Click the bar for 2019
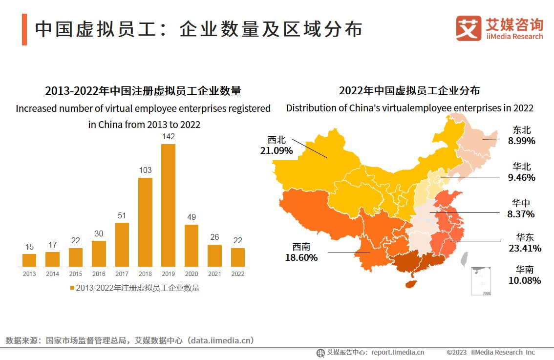pyautogui.click(x=168, y=205)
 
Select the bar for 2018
pyautogui.click(x=145, y=222)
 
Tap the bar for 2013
pyautogui.click(x=29, y=260)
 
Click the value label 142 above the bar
pyautogui.click(x=168, y=137)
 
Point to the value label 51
pyautogui.click(x=122, y=215)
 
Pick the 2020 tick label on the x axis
pyautogui.click(x=192, y=274)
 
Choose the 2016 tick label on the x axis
pyautogui.click(x=99, y=274)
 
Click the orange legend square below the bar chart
pyautogui.click(x=72, y=288)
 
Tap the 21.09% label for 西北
pyautogui.click(x=277, y=150)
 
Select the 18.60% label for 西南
pyautogui.click(x=301, y=257)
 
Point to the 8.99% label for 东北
pyautogui.click(x=521, y=141)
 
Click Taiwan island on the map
pyautogui.click(x=465, y=259)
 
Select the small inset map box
pyautogui.click(x=481, y=280)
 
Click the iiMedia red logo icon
pyautogui.click(x=468, y=28)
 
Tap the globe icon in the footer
pyautogui.click(x=320, y=353)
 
